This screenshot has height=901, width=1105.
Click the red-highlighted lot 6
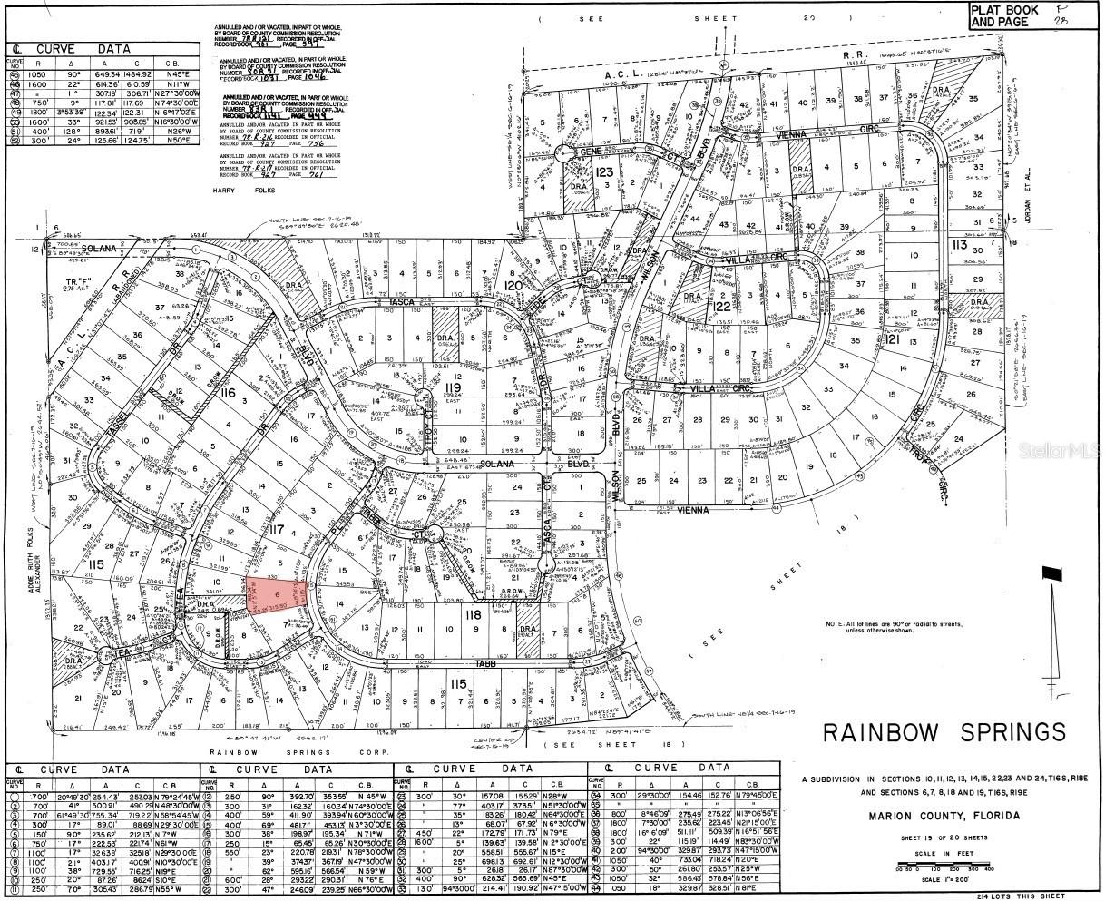pyautogui.click(x=276, y=593)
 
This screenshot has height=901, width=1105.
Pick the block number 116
pyautogui.click(x=226, y=393)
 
